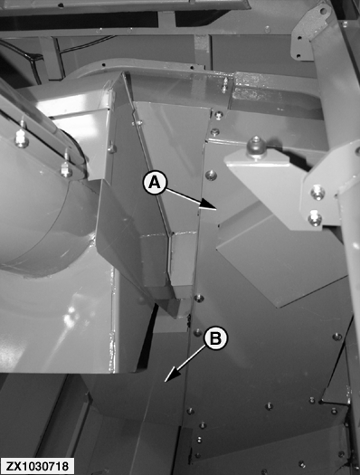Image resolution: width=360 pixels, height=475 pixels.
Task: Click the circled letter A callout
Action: (x=155, y=183)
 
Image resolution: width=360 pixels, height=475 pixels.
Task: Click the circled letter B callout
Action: (x=215, y=339)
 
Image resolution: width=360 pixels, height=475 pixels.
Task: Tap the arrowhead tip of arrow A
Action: (x=216, y=209)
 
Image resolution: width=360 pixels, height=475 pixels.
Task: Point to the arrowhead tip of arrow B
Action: (x=165, y=382)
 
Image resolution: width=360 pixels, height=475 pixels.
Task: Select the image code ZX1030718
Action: (x=37, y=466)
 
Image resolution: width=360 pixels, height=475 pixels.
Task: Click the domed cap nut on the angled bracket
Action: (x=256, y=147)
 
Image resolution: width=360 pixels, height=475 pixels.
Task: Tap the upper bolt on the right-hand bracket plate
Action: (x=317, y=192)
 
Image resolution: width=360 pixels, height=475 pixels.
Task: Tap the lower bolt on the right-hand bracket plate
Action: (x=314, y=218)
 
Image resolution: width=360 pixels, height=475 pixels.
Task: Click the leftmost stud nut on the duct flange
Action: (x=22, y=137)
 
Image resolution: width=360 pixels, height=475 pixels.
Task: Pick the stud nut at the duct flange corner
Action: (x=66, y=168)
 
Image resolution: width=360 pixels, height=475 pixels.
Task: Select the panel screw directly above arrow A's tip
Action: (x=211, y=175)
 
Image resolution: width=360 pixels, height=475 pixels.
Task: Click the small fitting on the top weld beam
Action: (x=224, y=85)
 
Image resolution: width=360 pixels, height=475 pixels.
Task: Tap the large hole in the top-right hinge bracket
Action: (x=323, y=12)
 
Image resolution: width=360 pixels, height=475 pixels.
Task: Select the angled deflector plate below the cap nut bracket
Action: (x=280, y=261)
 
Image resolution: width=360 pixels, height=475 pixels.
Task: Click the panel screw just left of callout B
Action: (x=197, y=332)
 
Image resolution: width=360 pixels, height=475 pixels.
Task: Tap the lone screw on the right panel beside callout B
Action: (x=336, y=337)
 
